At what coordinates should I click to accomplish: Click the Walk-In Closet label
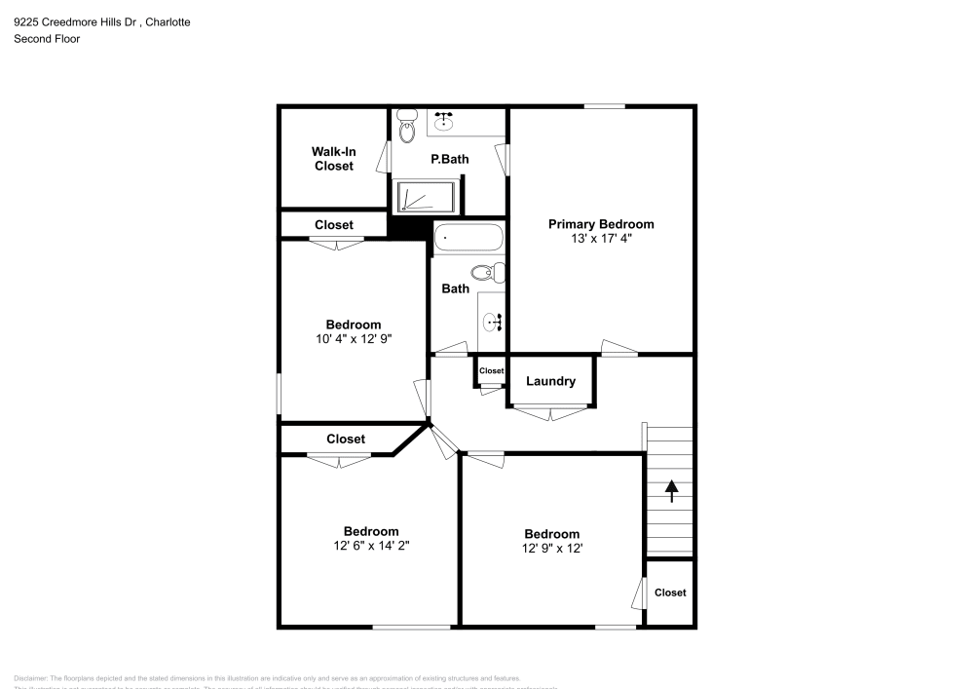(333, 159)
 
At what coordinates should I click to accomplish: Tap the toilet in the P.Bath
(407, 129)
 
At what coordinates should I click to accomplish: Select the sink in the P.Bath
(444, 121)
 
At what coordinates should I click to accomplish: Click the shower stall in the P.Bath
(426, 197)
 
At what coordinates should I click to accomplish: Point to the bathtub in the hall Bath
(468, 237)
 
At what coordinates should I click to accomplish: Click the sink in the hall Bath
(492, 319)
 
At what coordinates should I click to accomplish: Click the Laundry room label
(550, 381)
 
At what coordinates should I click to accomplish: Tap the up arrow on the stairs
(671, 490)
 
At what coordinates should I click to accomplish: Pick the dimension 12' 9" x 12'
(551, 549)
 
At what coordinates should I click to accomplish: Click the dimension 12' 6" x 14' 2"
(370, 546)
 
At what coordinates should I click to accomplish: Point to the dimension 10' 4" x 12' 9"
(353, 339)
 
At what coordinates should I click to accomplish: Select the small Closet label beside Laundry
(491, 371)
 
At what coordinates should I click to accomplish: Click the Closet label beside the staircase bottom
(670, 593)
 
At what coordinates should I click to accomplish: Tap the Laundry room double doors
(550, 413)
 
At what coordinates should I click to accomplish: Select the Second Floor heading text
(47, 39)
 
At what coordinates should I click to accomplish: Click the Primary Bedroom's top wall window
(605, 106)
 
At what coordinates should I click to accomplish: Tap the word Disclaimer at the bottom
(30, 678)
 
